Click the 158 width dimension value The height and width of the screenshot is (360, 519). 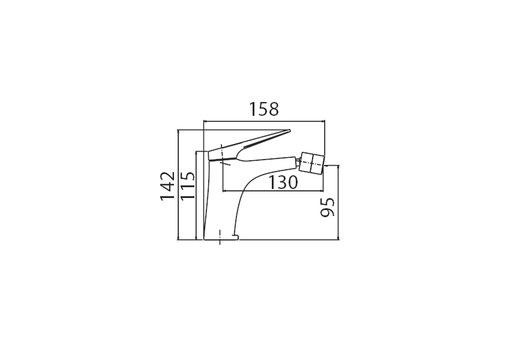pyautogui.click(x=265, y=109)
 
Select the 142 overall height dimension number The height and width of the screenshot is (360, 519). pyautogui.click(x=167, y=185)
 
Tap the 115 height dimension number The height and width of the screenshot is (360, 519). pyautogui.click(x=187, y=185)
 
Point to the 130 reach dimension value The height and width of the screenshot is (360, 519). pyautogui.click(x=282, y=182)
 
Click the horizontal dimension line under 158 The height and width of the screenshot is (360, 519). pyautogui.click(x=265, y=121)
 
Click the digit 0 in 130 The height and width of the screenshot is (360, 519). pyautogui.click(x=291, y=182)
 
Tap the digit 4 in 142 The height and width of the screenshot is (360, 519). pyautogui.click(x=167, y=185)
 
